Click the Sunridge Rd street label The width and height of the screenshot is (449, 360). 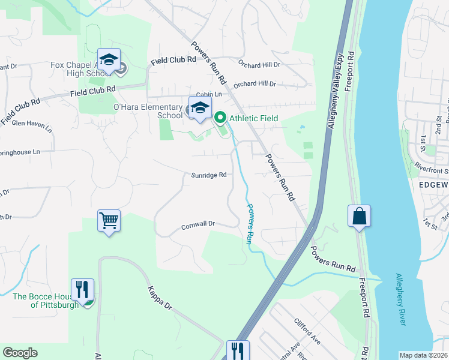(209, 175)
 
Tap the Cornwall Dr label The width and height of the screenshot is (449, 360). (198, 224)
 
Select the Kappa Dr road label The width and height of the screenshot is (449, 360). (160, 297)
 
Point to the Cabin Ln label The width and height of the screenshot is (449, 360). (209, 94)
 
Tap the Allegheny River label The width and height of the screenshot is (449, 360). (400, 299)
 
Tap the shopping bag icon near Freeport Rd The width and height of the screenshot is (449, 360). (359, 216)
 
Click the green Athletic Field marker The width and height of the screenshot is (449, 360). (220, 118)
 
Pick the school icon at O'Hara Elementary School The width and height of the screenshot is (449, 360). (200, 107)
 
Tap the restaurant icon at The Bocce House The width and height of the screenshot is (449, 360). (82, 289)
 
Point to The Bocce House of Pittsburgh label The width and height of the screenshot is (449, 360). (46, 300)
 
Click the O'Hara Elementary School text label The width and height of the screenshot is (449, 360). (148, 111)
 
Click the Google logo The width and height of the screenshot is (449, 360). (20, 353)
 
